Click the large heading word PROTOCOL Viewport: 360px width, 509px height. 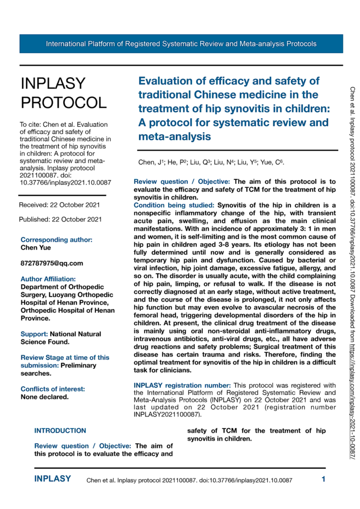[63, 102]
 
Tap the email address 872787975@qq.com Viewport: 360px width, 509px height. [52, 263]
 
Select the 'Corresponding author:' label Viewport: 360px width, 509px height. [56, 239]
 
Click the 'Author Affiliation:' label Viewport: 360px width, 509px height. [48, 279]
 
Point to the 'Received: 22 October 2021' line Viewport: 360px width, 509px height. [60, 205]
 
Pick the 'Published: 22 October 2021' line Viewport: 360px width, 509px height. [61, 219]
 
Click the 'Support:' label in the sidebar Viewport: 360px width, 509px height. [34, 334]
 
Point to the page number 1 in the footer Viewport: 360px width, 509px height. [323, 480]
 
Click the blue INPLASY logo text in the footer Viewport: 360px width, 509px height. [52, 479]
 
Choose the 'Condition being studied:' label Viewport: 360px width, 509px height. [175, 205]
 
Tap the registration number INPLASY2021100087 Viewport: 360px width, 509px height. [169, 414]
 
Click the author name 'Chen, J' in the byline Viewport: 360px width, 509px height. [148, 163]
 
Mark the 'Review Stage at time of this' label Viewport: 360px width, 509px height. [65, 357]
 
